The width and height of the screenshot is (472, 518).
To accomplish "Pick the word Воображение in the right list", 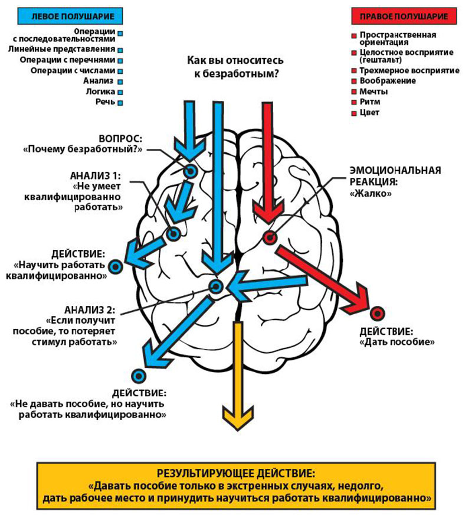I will coord(388,80).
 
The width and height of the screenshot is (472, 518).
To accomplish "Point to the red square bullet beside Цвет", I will coord(353,113).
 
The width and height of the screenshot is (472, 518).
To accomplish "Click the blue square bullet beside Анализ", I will coord(120,82).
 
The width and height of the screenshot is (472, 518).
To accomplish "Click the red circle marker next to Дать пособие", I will coord(377,313).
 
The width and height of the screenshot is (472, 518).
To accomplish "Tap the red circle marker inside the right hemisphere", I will coord(270,238).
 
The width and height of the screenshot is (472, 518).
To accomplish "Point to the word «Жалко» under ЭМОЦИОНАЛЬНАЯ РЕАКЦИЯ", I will coord(371,193).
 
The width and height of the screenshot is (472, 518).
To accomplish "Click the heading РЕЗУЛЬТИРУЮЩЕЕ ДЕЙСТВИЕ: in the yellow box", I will coord(236,473).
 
